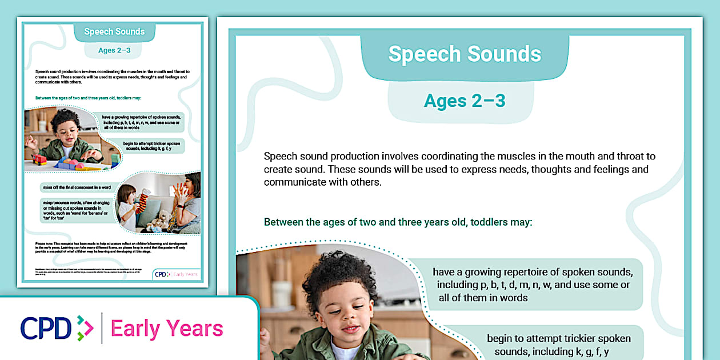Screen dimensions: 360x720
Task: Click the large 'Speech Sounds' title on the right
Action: (x=465, y=54)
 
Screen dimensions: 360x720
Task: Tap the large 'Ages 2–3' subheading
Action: (x=465, y=101)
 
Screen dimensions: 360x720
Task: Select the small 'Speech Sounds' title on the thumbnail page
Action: (x=114, y=31)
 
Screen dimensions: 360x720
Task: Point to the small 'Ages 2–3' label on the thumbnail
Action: (x=114, y=50)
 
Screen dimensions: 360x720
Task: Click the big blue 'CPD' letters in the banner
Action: (x=46, y=329)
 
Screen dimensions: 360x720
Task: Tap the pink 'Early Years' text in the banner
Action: (x=167, y=329)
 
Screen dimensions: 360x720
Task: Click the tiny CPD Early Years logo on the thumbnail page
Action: (x=177, y=274)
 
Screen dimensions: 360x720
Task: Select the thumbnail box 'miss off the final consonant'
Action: (x=77, y=187)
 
